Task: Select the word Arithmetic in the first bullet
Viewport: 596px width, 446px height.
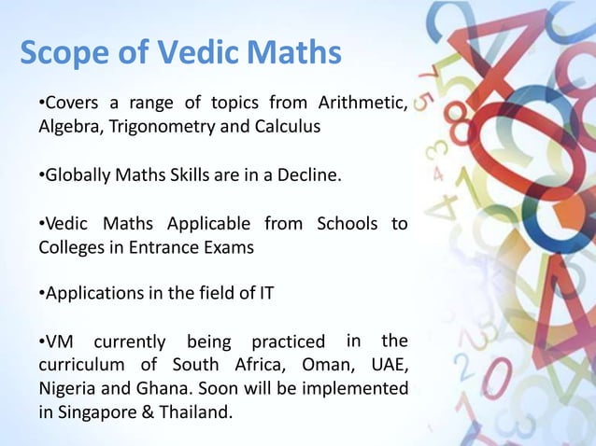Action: pos(361,102)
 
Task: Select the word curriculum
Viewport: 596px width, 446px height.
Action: pos(80,365)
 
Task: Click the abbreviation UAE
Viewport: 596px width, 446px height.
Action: pos(387,365)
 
